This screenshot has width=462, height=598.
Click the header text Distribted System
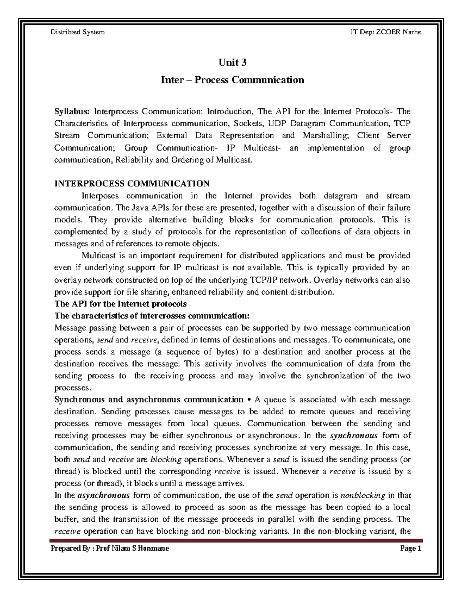(x=77, y=32)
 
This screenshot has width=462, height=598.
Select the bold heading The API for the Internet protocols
(x=121, y=304)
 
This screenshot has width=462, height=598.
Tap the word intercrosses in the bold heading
(x=163, y=316)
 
